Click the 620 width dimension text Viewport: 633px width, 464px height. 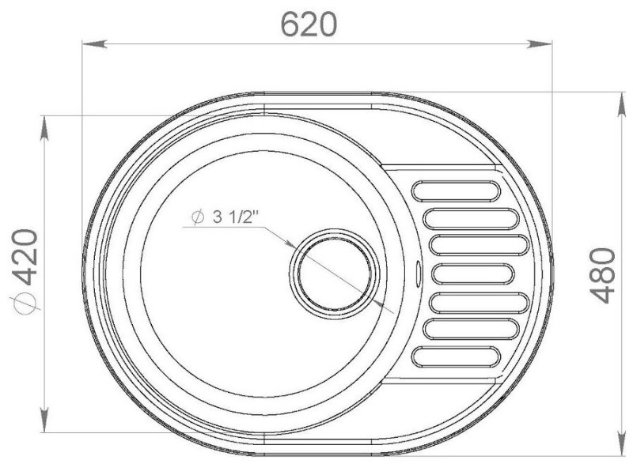click(x=309, y=25)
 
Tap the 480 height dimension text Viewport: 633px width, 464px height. click(x=603, y=276)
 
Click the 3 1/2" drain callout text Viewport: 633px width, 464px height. click(x=234, y=217)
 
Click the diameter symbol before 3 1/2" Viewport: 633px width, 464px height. click(x=197, y=217)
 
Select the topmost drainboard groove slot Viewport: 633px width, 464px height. click(x=457, y=191)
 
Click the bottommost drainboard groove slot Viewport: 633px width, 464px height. click(x=457, y=357)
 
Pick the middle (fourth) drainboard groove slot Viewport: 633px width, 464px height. click(x=473, y=274)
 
